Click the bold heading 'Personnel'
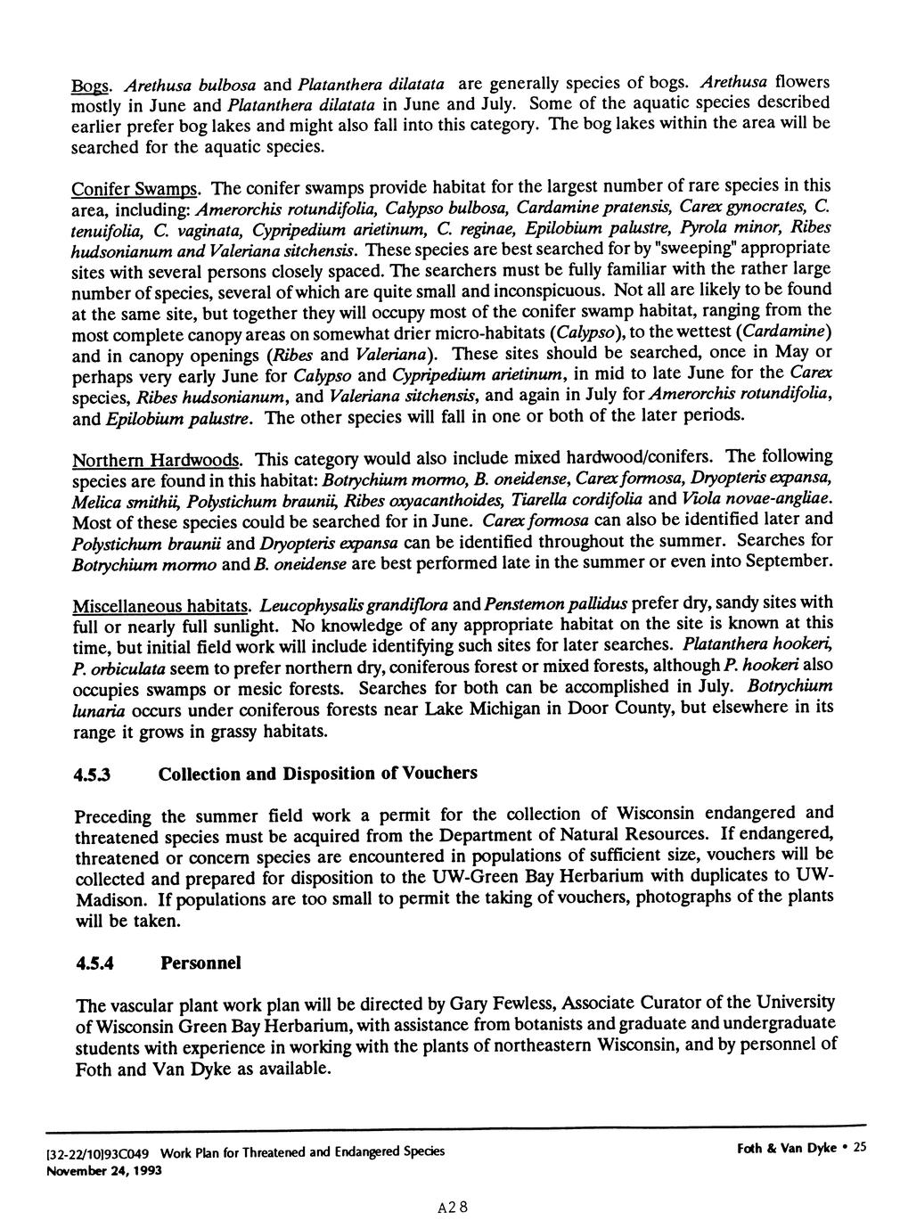(200, 963)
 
